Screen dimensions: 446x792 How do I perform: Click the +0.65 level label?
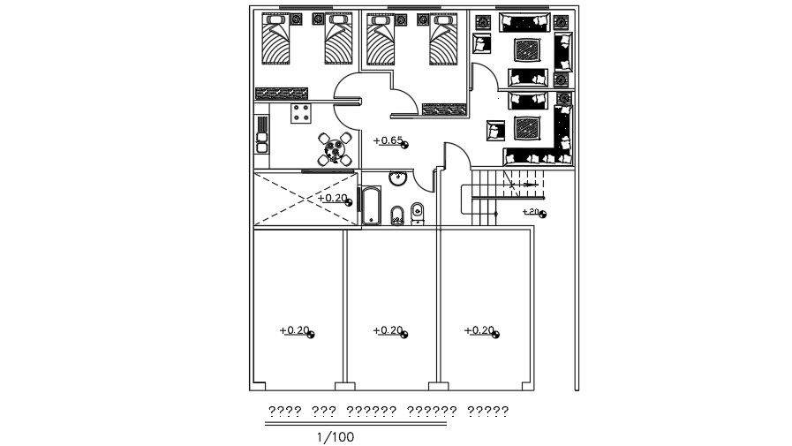[389, 140]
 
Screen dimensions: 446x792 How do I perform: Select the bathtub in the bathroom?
[371, 206]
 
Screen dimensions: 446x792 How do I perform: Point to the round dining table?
[333, 149]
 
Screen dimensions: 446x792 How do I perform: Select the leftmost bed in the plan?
[276, 42]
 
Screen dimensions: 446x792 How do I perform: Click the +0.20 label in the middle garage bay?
[389, 331]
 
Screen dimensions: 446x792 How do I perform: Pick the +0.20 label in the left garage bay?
[296, 331]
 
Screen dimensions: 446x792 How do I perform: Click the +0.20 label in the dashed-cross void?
[335, 199]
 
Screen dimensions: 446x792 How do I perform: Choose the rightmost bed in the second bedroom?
[445, 42]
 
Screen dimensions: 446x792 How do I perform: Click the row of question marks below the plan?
[388, 411]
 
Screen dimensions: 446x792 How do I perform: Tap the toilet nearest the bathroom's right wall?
[418, 213]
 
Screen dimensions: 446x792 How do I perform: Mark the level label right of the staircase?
[533, 212]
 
